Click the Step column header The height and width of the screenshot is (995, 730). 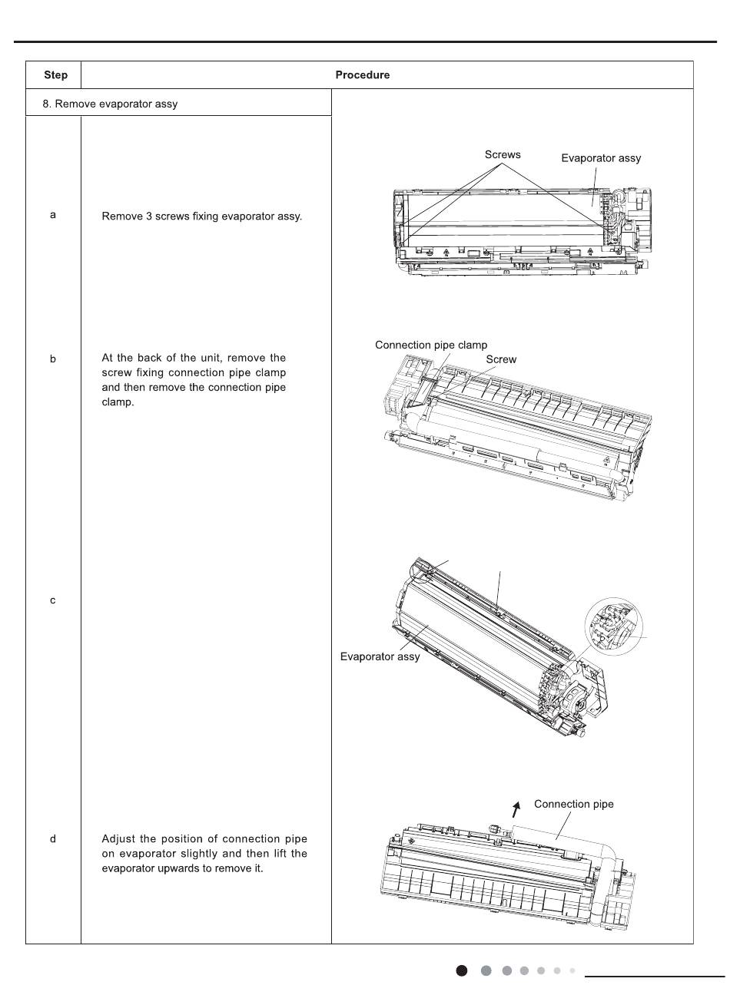(55, 75)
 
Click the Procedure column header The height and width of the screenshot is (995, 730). (362, 75)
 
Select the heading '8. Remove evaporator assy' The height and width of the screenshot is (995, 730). (110, 104)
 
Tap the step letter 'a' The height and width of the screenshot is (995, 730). (53, 215)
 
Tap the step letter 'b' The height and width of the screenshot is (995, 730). (53, 359)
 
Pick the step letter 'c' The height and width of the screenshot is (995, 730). (53, 600)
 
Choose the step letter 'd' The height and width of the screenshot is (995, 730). (53, 838)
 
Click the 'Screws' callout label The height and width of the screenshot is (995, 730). (503, 155)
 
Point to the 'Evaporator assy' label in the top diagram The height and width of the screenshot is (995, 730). (601, 158)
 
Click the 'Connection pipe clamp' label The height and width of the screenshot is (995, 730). (431, 345)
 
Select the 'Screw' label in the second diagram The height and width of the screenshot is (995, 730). (501, 359)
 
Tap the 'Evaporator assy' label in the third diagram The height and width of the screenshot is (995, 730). (380, 657)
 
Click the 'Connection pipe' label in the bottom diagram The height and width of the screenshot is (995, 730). (574, 805)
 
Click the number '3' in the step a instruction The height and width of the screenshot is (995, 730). (148, 217)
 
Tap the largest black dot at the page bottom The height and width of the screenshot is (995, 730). (462, 971)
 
